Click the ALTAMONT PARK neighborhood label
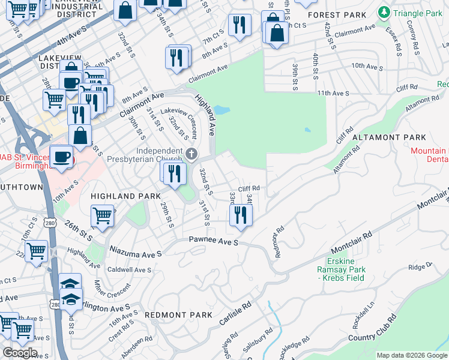click(388, 137)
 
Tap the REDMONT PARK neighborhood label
click(178, 314)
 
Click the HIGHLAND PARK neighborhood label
click(125, 196)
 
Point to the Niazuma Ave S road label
click(135, 254)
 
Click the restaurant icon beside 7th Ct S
click(240, 25)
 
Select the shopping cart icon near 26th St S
click(102, 215)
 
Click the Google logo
click(20, 353)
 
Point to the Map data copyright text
click(412, 355)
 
